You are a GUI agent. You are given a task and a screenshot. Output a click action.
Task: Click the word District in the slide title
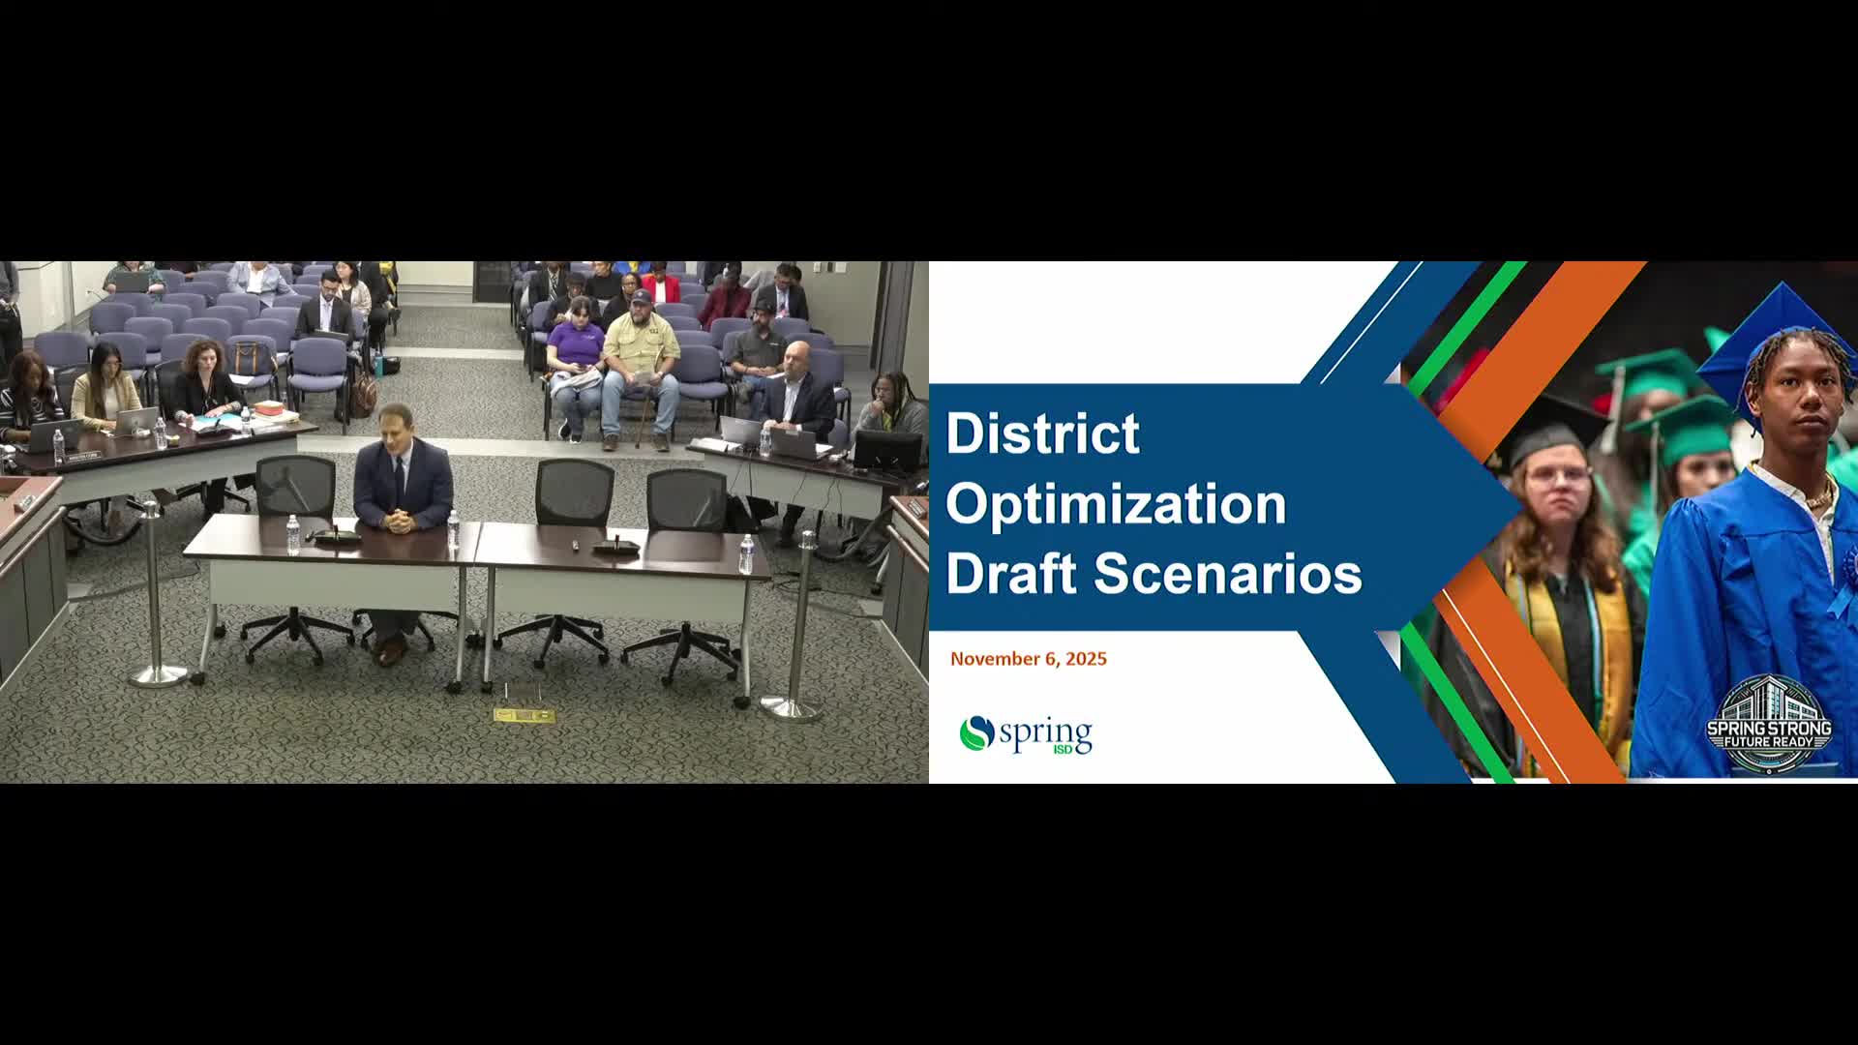pos(1042,433)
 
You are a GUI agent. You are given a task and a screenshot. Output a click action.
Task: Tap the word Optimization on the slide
pos(1116,504)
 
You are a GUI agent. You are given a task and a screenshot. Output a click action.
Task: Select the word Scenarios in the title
pos(1228,574)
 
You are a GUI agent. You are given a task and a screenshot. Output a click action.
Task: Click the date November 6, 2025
pos(1028,659)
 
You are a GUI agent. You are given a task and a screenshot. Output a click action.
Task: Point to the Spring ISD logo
pos(1026,734)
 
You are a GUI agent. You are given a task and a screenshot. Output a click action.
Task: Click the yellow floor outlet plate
pos(524,716)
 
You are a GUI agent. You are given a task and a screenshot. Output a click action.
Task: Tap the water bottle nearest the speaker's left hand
pos(452,530)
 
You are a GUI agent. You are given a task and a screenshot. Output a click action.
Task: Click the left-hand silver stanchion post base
pos(158,674)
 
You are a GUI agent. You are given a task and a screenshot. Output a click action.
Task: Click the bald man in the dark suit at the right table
pos(798,392)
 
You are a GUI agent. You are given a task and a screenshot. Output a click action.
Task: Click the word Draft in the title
pos(1011,574)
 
